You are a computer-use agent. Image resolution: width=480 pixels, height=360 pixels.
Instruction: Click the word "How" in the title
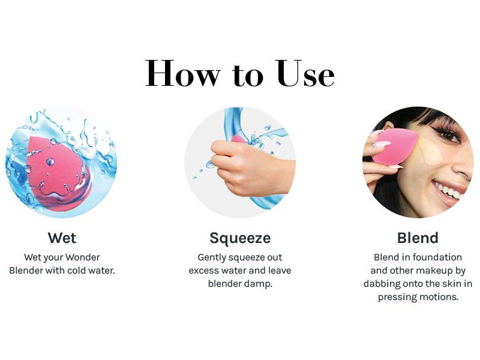pos(183,73)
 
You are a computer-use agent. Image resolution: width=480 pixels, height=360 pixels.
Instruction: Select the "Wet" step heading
pos(62,238)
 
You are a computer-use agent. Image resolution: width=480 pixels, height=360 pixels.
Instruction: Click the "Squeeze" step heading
pos(240,238)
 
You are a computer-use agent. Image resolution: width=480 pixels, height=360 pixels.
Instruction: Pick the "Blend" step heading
pos(418,238)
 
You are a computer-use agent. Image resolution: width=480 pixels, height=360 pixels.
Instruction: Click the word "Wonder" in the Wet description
pos(83,257)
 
